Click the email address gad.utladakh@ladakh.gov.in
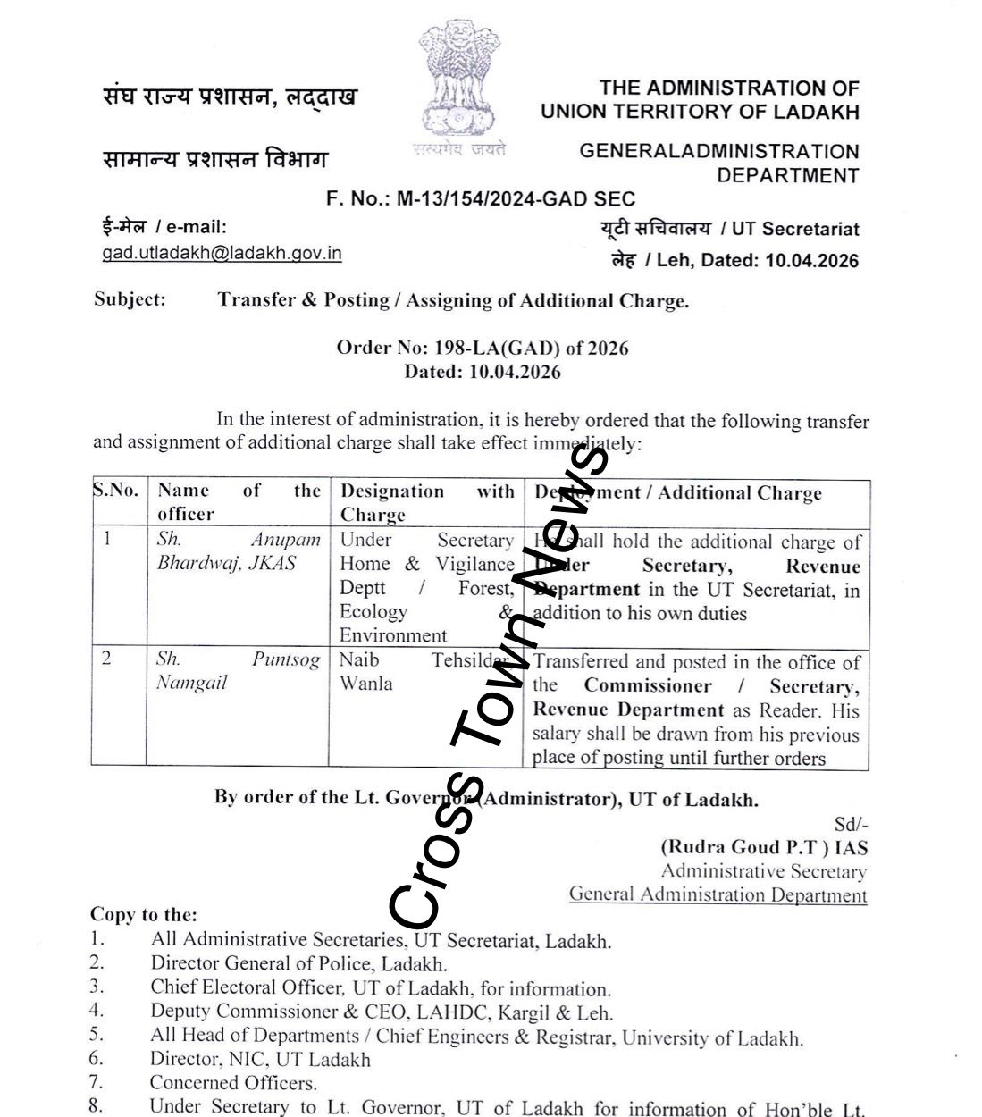[x=222, y=253]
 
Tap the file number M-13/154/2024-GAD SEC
[x=516, y=199]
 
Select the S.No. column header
[x=115, y=490]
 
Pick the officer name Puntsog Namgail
[x=238, y=670]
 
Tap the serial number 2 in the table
[x=107, y=659]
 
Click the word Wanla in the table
[x=365, y=684]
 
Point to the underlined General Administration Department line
[x=718, y=894]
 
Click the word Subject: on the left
[x=130, y=299]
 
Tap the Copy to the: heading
[x=143, y=914]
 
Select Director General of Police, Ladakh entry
[x=298, y=963]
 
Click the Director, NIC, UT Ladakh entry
[x=260, y=1060]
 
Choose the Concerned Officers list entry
[x=233, y=1083]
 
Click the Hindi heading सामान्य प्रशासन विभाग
[x=214, y=160]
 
